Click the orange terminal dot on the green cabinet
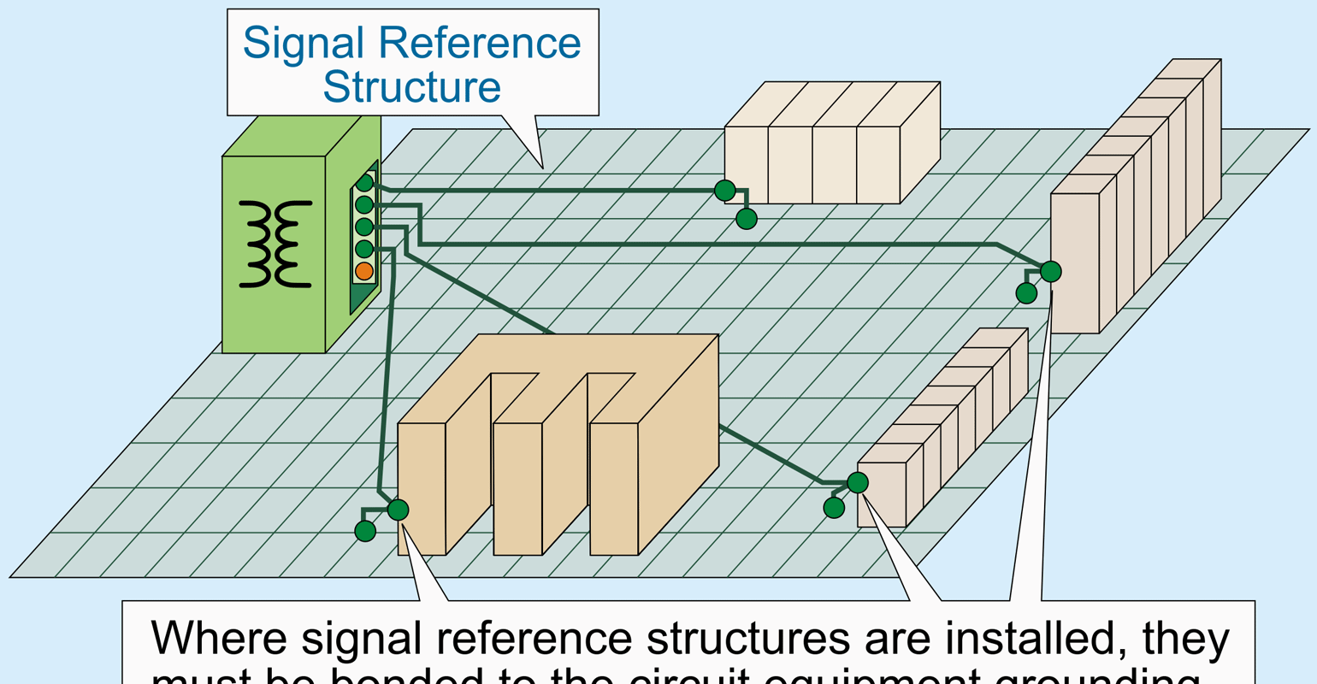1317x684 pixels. pos(363,271)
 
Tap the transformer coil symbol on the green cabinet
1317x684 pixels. pos(275,244)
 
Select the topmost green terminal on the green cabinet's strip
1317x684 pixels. pos(364,182)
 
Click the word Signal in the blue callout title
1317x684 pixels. pos(304,43)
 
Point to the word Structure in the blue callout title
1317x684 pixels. pos(411,87)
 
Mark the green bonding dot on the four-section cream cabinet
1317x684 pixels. pos(724,190)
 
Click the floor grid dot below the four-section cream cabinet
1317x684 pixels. pos(747,219)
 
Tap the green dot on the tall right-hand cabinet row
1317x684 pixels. pos(1050,271)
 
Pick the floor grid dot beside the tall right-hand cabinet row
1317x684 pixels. pos(1026,293)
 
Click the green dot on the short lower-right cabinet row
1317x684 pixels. pos(858,482)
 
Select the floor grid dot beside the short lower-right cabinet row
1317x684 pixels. pos(834,508)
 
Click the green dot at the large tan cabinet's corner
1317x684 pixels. pos(398,510)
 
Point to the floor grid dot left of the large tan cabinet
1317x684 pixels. pos(365,531)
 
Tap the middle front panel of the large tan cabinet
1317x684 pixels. pos(517,488)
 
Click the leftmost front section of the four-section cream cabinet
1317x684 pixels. pos(746,165)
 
